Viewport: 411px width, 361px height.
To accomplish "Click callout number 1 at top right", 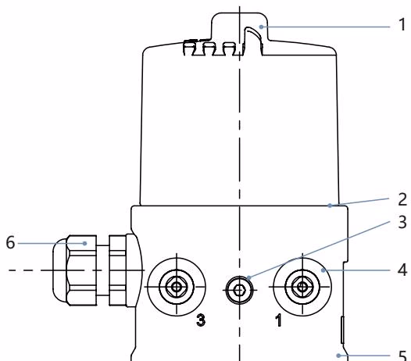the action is click(x=402, y=25).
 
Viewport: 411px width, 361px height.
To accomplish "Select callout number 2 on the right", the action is click(x=402, y=199).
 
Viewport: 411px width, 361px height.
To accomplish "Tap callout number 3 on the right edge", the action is click(x=402, y=222).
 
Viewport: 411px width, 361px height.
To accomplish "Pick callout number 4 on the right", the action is click(x=402, y=270).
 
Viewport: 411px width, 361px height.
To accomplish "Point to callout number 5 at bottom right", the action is click(x=402, y=356).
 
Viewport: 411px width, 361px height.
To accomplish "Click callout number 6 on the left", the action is click(x=10, y=242).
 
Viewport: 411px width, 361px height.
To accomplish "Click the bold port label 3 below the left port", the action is click(x=201, y=320).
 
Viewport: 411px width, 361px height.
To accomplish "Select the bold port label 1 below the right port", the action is click(x=279, y=320).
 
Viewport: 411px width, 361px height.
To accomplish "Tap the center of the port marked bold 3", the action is click(x=177, y=287).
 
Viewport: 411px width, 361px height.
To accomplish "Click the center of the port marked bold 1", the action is click(x=302, y=287).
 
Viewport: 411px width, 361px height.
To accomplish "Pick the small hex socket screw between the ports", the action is click(x=239, y=290).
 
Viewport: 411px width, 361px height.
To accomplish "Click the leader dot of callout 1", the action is click(x=261, y=27).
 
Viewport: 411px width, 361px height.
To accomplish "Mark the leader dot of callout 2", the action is click(x=330, y=206).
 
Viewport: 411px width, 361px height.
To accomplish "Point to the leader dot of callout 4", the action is click(x=323, y=270).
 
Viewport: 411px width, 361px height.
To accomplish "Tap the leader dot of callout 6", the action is click(x=84, y=243).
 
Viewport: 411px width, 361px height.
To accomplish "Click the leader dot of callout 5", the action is click(x=338, y=356).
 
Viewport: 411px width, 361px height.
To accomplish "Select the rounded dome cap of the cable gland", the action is click(x=59, y=270).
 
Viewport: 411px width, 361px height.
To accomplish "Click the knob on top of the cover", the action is click(x=239, y=27).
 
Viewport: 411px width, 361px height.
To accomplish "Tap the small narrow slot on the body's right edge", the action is click(x=342, y=330).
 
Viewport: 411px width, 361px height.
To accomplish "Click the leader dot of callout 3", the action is click(x=248, y=277).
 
